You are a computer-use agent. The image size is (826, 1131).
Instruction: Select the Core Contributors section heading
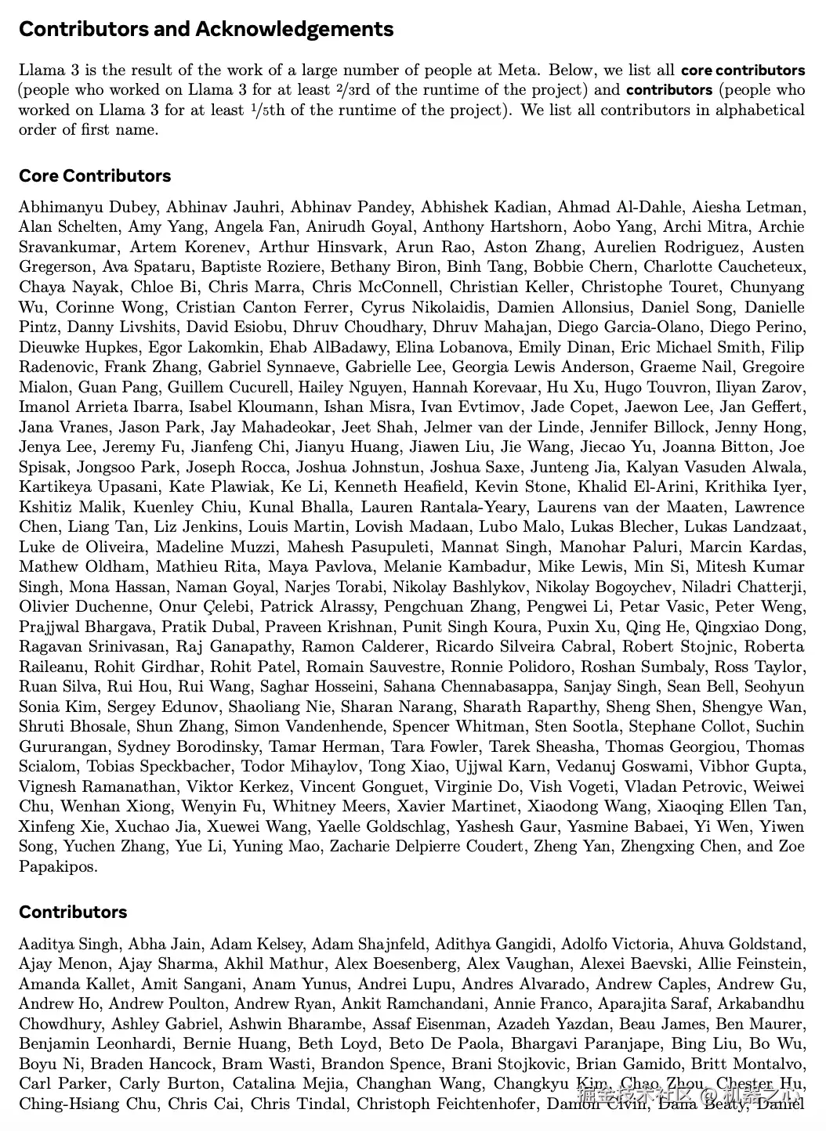[95, 175]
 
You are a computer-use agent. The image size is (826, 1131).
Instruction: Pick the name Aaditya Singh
[68, 944]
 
